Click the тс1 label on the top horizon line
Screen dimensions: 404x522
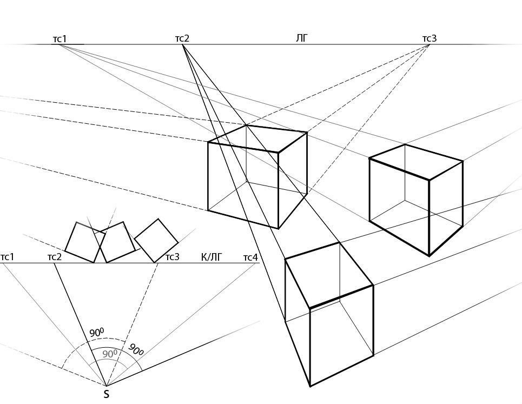(60, 38)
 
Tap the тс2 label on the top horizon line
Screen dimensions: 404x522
(182, 38)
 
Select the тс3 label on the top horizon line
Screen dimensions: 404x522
(430, 38)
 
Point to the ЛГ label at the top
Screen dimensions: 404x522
(302, 38)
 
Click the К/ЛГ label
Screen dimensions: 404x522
(212, 257)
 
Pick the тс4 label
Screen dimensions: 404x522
(250, 257)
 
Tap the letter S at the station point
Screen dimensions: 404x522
(107, 394)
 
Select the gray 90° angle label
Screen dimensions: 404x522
(110, 354)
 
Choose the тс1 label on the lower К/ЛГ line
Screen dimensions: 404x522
(7, 257)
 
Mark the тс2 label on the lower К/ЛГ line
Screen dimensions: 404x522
(55, 257)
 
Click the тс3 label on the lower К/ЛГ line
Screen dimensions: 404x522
(173, 257)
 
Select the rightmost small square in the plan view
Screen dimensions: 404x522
(156, 240)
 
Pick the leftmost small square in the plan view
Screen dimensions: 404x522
(85, 242)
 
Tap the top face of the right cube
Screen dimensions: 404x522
(416, 161)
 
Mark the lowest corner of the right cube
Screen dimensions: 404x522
(430, 256)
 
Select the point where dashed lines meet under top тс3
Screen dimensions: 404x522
(429, 44)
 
